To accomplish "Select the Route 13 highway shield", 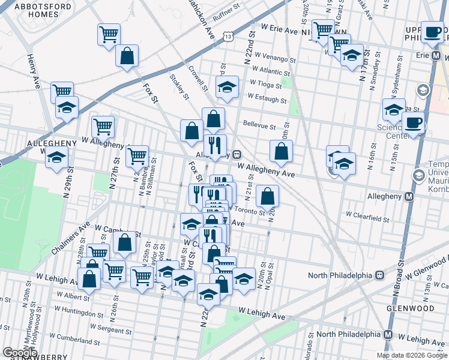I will click(x=228, y=37).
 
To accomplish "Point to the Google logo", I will click(x=20, y=352).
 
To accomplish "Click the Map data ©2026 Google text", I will click(x=412, y=355).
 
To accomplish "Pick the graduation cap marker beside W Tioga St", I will click(x=227, y=87).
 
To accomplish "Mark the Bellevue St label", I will click(x=259, y=126).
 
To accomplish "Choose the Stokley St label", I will click(x=179, y=86).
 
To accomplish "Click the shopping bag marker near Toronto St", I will click(x=267, y=196).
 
